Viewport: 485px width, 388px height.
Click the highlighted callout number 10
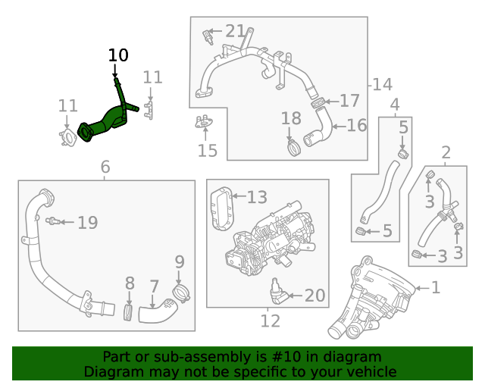(118, 55)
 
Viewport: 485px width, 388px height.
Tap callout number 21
(235, 32)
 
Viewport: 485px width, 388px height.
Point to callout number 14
(382, 84)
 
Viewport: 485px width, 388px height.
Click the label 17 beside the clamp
(349, 100)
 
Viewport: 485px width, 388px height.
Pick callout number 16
(356, 125)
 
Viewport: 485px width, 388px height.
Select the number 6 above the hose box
(105, 167)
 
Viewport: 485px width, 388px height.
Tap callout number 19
(88, 223)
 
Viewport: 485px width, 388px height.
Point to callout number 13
(257, 198)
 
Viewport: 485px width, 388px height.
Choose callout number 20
(314, 296)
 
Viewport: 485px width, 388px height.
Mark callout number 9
(180, 262)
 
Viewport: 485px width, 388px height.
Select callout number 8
(130, 284)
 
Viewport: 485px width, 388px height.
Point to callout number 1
(436, 287)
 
